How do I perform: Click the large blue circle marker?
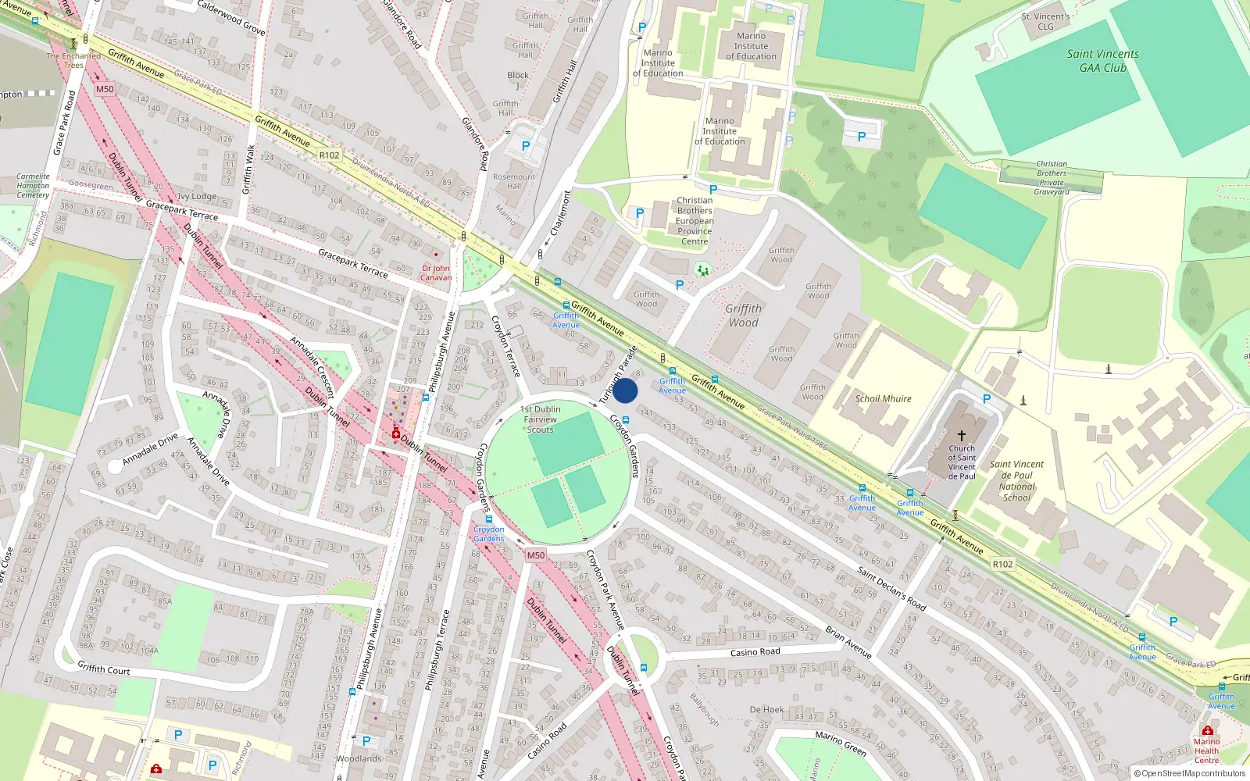pyautogui.click(x=625, y=390)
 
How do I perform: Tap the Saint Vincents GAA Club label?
pyautogui.click(x=1102, y=61)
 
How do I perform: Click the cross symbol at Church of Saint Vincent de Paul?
pyautogui.click(x=962, y=435)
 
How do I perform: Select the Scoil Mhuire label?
pyautogui.click(x=883, y=398)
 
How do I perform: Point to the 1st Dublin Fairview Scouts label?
pyautogui.click(x=540, y=419)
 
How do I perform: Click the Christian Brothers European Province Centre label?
pyautogui.click(x=695, y=221)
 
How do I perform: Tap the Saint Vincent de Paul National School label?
pyautogui.click(x=1016, y=480)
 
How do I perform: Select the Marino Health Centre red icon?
pyautogui.click(x=1207, y=731)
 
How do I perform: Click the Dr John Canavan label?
pyautogui.click(x=436, y=273)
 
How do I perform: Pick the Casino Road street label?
pyautogui.click(x=755, y=652)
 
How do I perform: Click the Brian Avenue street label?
pyautogui.click(x=848, y=643)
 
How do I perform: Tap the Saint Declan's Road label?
pyautogui.click(x=891, y=589)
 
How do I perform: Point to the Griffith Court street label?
pyautogui.click(x=104, y=669)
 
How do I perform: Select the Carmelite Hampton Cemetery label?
pyautogui.click(x=33, y=186)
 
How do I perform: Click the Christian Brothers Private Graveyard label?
pyautogui.click(x=1051, y=178)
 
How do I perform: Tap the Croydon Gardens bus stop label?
pyautogui.click(x=488, y=534)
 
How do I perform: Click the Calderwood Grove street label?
pyautogui.click(x=231, y=17)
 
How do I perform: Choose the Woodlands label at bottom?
pyautogui.click(x=359, y=758)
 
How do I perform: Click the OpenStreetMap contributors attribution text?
pyautogui.click(x=1190, y=774)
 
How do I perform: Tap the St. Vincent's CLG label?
pyautogui.click(x=1045, y=21)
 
